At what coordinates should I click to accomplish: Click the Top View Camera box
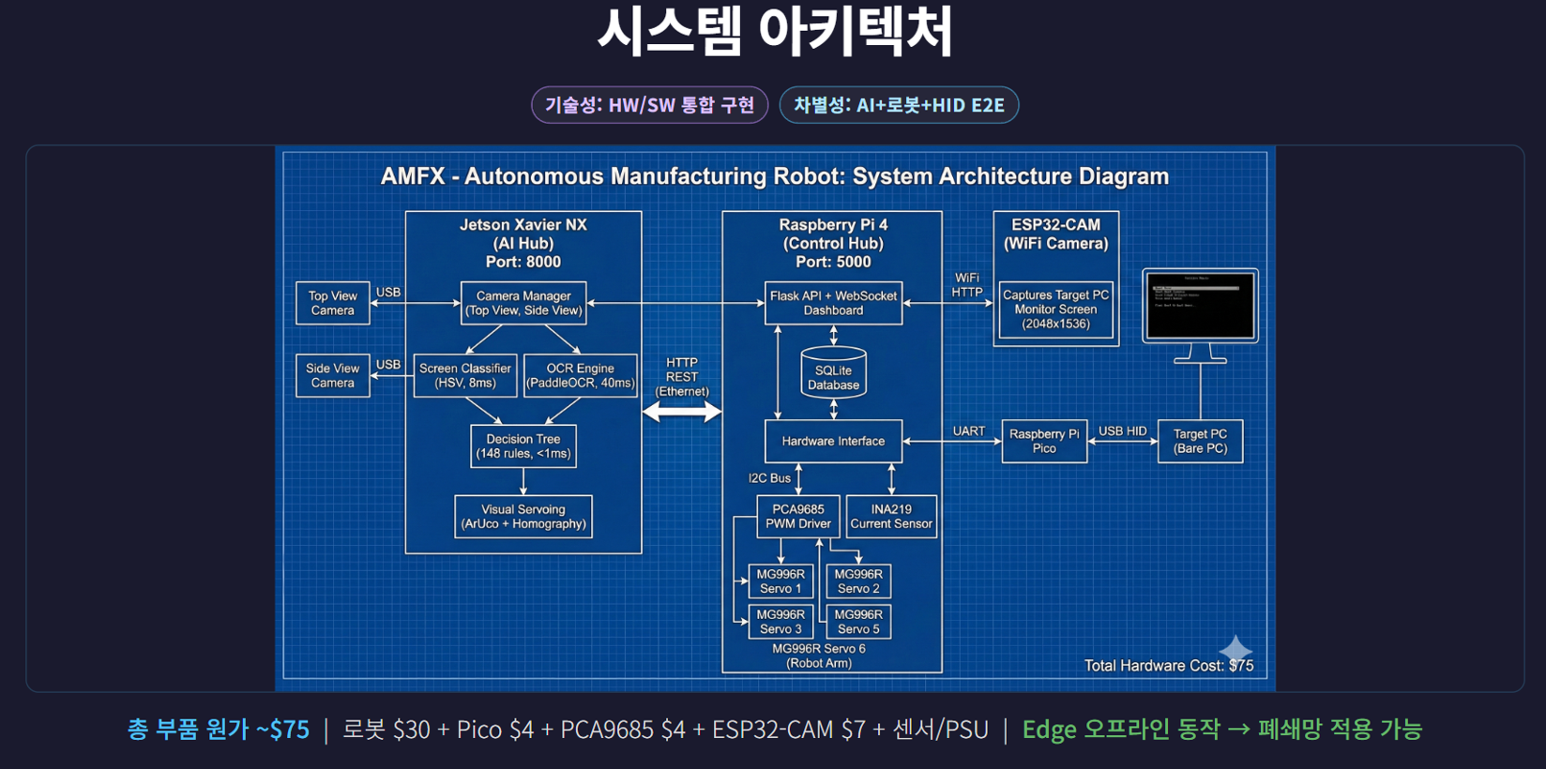333,303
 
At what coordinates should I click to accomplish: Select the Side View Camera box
333,375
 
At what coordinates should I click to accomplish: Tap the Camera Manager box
523,303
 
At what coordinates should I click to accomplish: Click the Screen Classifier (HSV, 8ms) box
465,375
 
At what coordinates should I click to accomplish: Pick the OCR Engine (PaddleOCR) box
580,375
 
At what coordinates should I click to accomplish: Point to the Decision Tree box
523,445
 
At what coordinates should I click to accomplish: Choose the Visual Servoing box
523,517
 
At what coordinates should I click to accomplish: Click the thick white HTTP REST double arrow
682,411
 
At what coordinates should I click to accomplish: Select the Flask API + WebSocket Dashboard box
833,303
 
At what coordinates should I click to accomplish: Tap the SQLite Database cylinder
833,373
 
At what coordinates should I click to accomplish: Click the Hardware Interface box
833,441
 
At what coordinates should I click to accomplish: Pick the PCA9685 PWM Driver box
798,517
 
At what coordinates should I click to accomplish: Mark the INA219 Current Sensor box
891,517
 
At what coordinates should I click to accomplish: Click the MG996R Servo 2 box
858,581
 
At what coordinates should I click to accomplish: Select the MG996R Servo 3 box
781,622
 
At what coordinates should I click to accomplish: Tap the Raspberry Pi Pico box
1044,441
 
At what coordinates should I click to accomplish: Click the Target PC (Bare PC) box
1200,441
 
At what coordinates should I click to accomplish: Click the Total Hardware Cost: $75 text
1168,666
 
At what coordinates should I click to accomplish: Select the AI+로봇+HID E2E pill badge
899,105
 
